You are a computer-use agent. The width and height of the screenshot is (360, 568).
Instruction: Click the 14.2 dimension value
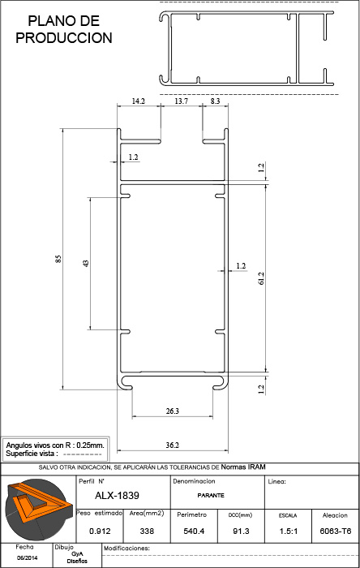coord(138,101)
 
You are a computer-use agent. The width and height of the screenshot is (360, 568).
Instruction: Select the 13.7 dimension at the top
coord(181,101)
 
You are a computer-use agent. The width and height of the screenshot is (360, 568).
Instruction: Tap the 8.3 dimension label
coord(215,101)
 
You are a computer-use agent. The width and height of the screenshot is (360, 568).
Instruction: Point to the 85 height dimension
coord(58,259)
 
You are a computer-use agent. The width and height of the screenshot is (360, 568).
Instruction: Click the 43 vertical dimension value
coord(86,264)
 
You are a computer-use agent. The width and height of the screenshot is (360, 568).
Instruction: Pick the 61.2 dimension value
coord(262,278)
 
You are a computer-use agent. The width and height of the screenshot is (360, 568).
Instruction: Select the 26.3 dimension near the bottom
coord(172,411)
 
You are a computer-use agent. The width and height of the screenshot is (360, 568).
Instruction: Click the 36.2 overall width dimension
coord(172,445)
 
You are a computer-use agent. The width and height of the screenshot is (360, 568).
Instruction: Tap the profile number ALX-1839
coord(117,496)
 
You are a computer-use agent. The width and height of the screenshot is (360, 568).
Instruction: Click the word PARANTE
coord(211,495)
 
